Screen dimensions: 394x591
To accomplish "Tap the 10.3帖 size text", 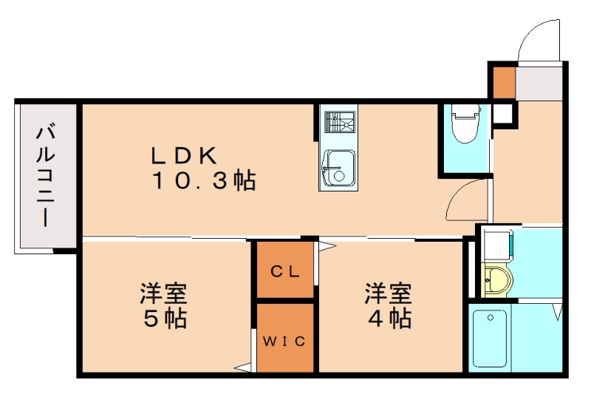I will tap(204, 180).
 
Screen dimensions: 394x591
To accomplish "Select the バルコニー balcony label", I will tap(45, 177).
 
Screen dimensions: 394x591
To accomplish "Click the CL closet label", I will tap(284, 271).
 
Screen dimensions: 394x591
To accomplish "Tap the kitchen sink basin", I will tap(338, 168).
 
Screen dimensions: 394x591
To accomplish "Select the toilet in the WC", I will tap(465, 124).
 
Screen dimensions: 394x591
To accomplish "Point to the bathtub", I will tap(489, 339).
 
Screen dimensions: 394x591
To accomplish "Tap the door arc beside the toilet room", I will tap(465, 198).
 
